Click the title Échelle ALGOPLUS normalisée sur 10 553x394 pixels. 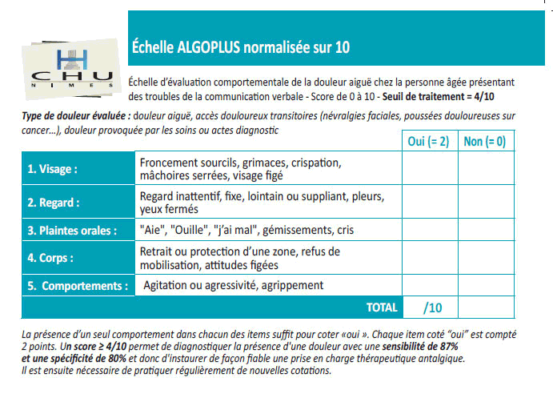click(240, 47)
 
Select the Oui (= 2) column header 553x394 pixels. click(428, 142)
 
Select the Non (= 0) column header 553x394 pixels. click(484, 142)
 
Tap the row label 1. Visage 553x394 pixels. click(53, 169)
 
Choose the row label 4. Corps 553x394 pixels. click(51, 258)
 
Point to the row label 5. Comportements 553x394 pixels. click(78, 285)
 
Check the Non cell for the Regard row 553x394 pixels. click(485, 203)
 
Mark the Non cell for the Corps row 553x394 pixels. click(485, 258)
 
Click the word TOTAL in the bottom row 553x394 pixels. click(382, 308)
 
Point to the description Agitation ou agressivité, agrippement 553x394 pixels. click(233, 285)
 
